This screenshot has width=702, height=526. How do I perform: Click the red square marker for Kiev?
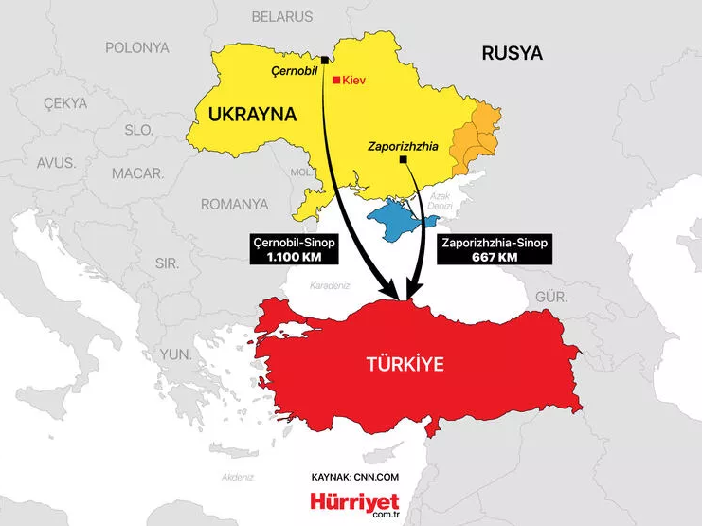(335, 81)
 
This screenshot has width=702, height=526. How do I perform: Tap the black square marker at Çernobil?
(325, 61)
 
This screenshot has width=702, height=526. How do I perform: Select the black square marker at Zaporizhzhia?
(405, 160)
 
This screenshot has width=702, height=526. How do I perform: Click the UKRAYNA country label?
(245, 115)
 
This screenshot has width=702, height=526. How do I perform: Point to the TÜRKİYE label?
(405, 363)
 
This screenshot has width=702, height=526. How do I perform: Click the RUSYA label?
(512, 53)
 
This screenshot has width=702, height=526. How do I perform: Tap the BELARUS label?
(281, 16)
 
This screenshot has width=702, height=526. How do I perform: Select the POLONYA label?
(136, 47)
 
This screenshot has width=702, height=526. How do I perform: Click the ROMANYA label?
(234, 204)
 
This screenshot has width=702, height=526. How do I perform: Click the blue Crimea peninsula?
(399, 221)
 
